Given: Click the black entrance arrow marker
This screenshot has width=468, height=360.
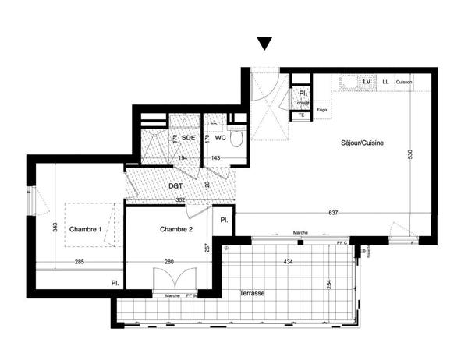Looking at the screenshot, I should point(265,44).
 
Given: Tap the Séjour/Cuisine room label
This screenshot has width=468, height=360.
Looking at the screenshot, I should point(362,144).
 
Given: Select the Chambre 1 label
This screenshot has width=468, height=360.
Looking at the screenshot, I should point(86,229).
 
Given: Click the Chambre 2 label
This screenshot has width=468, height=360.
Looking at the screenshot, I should point(176,229).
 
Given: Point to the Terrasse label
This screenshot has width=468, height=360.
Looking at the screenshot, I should point(253,294).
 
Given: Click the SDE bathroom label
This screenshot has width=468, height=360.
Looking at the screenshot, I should point(188,138).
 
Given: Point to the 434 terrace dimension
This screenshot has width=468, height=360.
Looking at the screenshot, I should point(289,262).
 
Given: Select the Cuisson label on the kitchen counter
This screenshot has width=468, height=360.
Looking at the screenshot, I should point(403,82).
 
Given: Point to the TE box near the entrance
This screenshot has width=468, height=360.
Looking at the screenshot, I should point(301,115).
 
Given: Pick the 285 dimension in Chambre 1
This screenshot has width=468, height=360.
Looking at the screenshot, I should point(80,262).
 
